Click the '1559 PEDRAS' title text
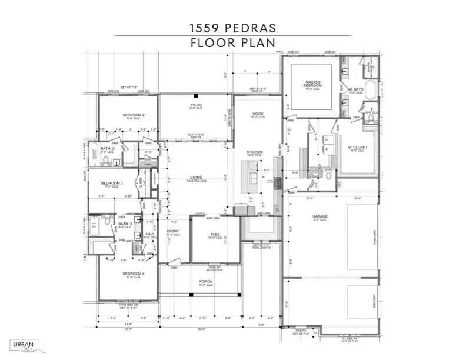pos(232,27)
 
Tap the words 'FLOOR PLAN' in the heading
pos(232,43)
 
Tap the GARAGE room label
pos(320,217)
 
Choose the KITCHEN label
pos(254,153)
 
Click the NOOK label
pos(257,114)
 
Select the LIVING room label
pos(196,177)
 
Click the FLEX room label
pos(215,235)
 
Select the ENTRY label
pos(173,232)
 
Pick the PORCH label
pos(206,282)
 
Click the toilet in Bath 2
pos(106,159)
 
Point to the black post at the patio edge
pos(195,95)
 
